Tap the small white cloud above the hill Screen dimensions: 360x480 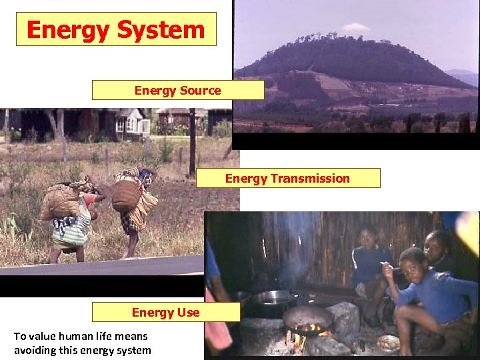click(355, 27)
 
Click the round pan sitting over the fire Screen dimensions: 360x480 click(307, 318)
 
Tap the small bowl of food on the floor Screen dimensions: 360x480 click(388, 343)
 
